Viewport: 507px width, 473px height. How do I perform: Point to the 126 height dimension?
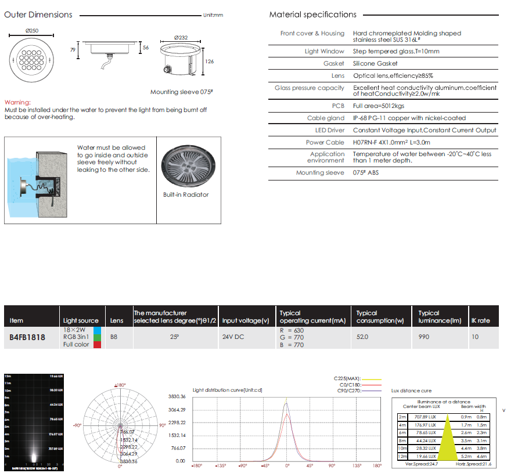point(210,62)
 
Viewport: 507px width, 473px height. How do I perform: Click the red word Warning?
point(17,102)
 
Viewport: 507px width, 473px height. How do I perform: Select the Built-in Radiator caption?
point(186,194)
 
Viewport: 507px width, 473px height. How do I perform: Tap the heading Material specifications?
point(312,15)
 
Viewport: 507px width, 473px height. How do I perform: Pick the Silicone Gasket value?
point(375,63)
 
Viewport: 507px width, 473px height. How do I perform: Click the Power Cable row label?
point(325,142)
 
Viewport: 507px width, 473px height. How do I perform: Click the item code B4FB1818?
point(27,337)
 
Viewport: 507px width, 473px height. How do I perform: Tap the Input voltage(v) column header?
point(246,320)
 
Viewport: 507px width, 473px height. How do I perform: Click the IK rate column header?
point(480,320)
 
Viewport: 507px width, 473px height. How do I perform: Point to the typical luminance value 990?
point(425,337)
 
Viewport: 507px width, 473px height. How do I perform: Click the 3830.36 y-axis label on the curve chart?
point(177,396)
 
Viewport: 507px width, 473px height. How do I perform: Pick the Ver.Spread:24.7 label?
point(422,464)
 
